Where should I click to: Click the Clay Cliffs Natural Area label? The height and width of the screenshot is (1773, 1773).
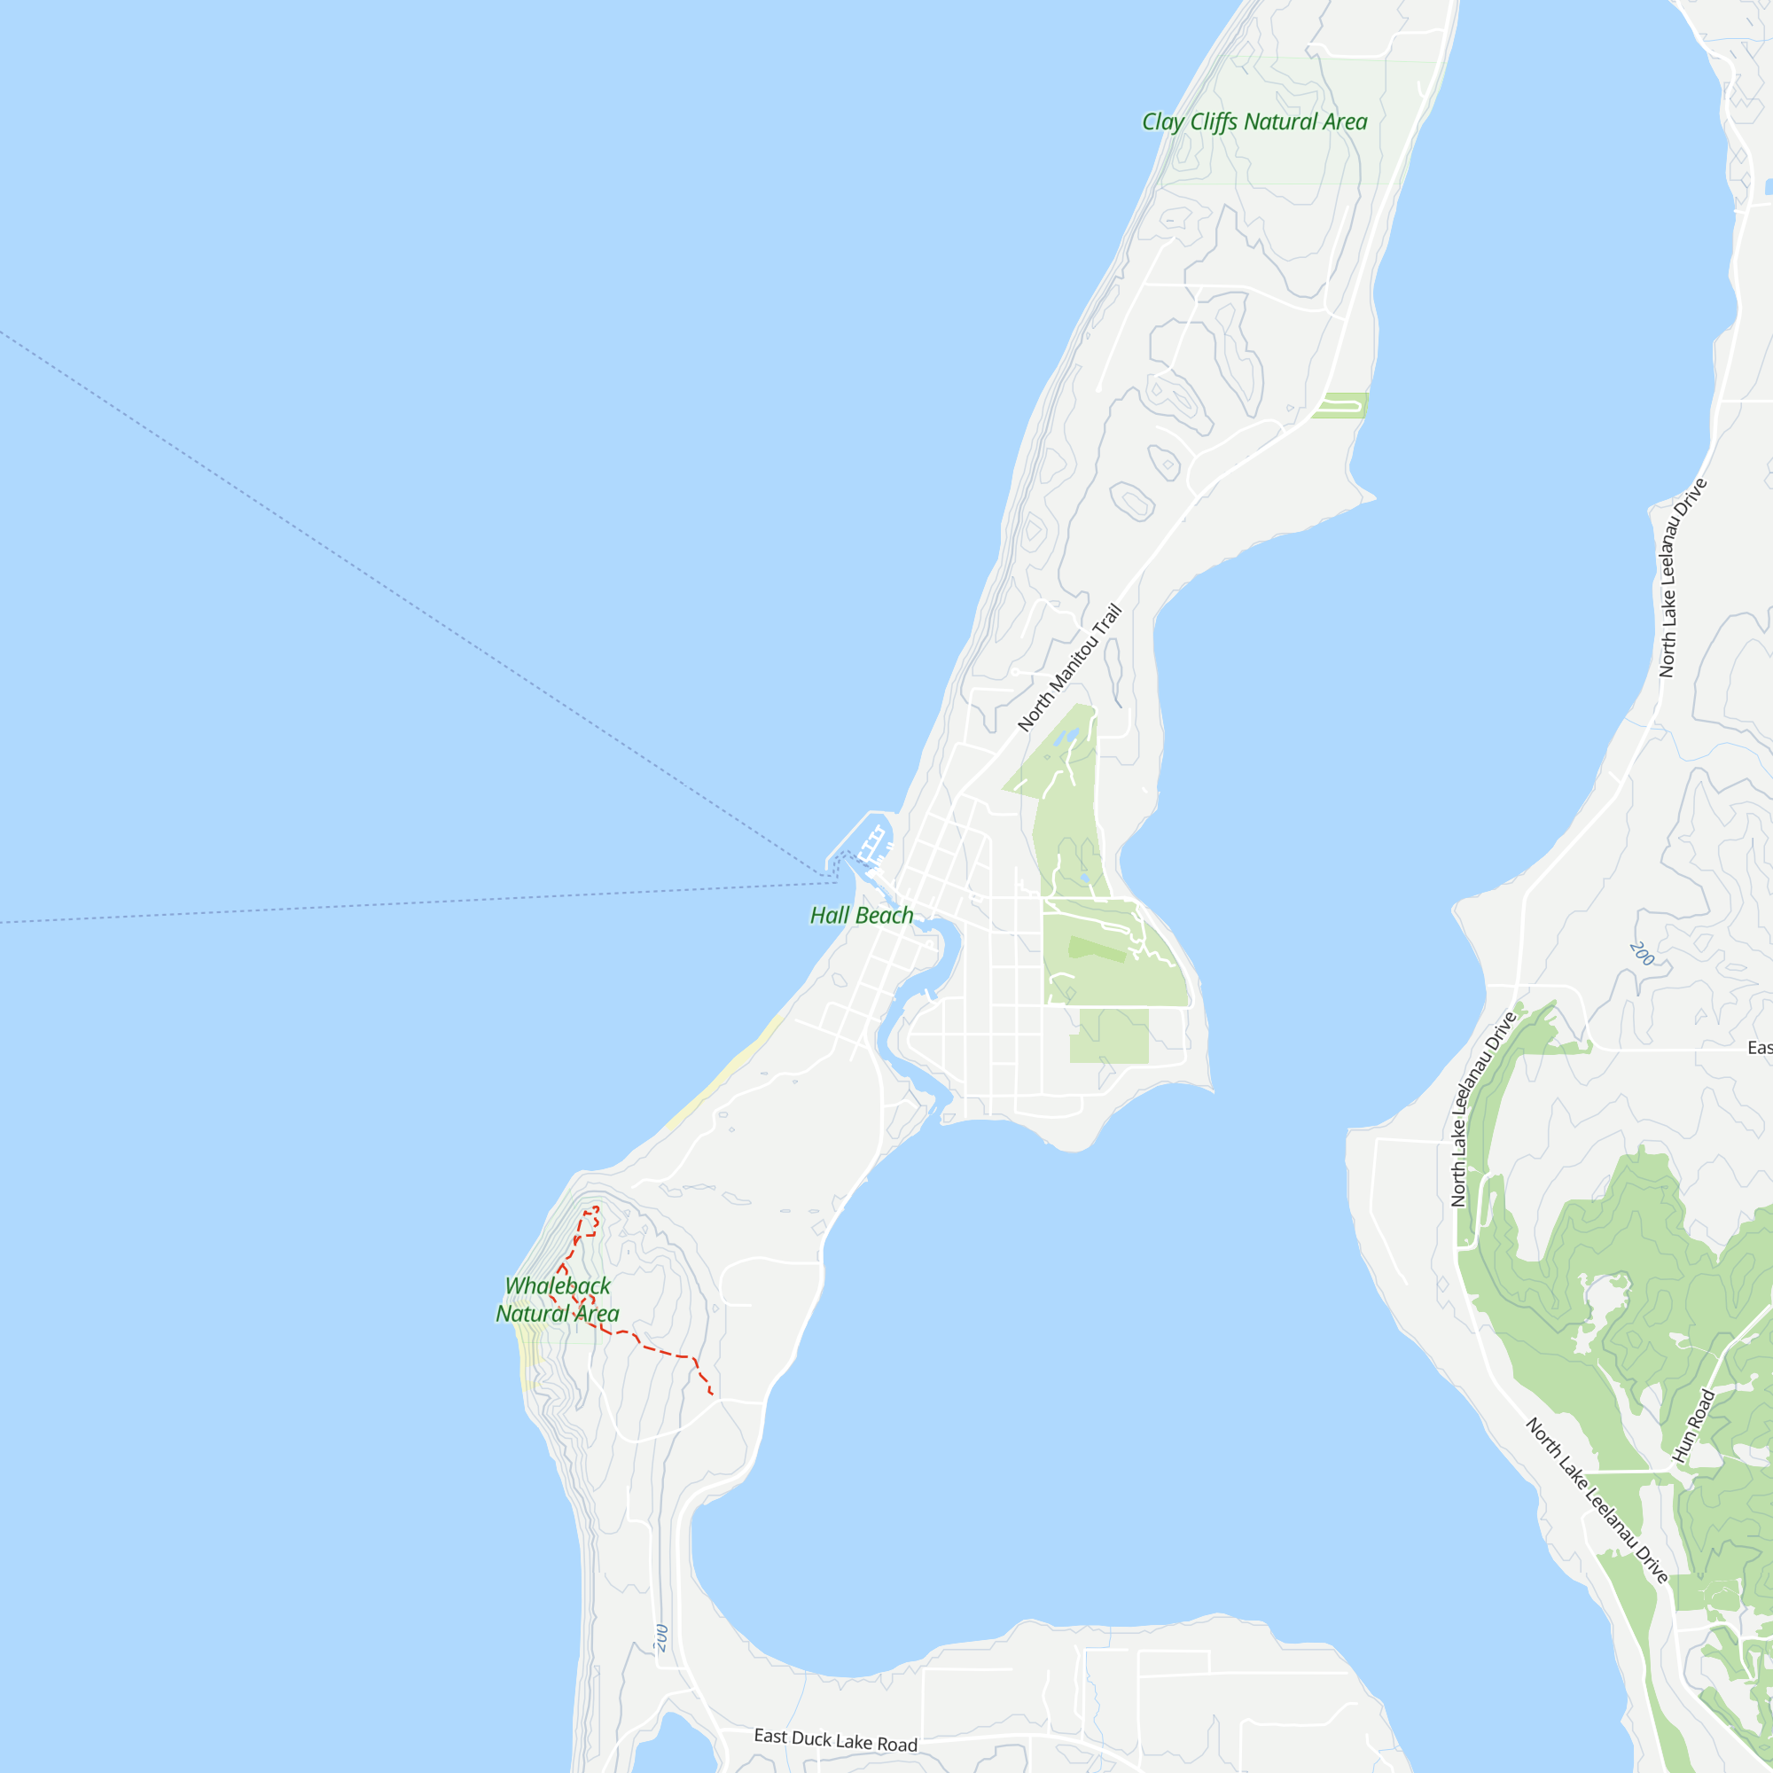tap(1254, 122)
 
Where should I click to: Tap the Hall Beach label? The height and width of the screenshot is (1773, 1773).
tap(861, 915)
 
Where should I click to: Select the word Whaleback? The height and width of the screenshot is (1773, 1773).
tap(557, 1285)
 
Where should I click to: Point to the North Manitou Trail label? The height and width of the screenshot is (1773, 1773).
tap(1069, 668)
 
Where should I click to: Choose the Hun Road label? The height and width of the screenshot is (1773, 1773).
tap(1693, 1426)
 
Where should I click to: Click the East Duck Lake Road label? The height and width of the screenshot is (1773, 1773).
tap(835, 1739)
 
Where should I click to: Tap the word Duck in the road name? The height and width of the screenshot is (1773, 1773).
tap(811, 1738)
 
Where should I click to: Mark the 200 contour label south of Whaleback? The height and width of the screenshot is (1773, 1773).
tap(661, 1638)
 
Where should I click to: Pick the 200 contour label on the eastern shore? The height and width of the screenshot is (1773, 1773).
tap(1642, 954)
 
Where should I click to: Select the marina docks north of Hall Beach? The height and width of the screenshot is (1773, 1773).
tap(871, 844)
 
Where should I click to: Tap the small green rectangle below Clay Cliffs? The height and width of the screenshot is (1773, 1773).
tap(1339, 405)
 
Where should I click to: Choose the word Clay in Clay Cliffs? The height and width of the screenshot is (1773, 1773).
tap(1162, 122)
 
